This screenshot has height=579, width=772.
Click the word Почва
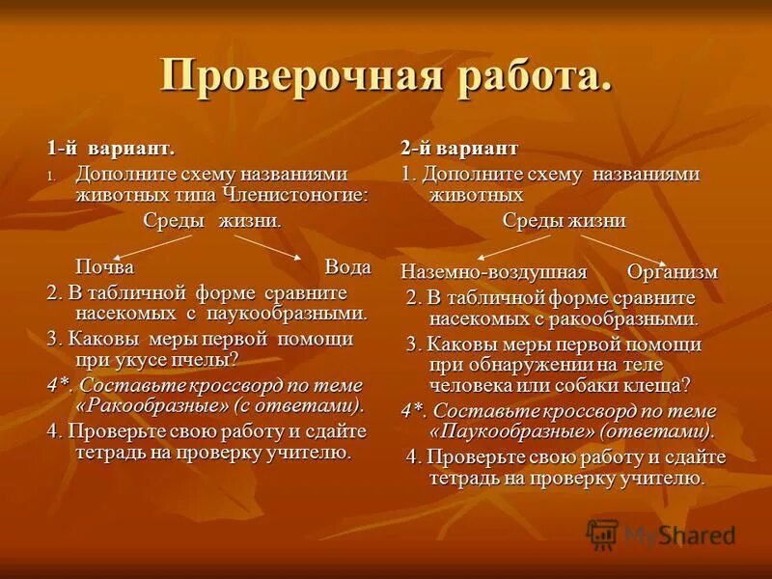105,266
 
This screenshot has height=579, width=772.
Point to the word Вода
347,266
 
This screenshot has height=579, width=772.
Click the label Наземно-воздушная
493,271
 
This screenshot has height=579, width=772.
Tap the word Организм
673,271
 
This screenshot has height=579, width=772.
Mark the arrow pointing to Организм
633,247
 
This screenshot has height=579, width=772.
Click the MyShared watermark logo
661,534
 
